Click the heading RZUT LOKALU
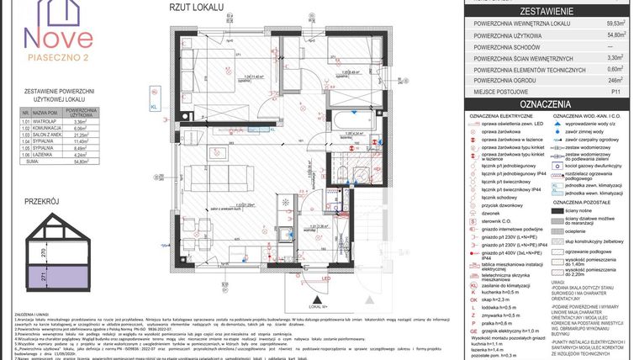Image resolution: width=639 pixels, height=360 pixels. [x=196, y=8]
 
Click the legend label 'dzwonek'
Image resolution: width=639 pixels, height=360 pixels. [x=494, y=214]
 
